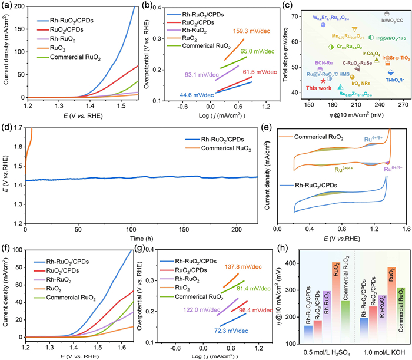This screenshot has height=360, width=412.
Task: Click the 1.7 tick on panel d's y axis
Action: click(x=18, y=127)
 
